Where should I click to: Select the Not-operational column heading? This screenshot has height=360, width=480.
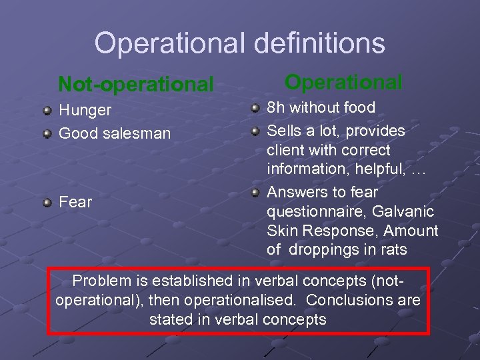(136, 84)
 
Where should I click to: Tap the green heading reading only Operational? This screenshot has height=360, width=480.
(343, 82)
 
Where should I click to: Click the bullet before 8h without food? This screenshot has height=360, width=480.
(255, 107)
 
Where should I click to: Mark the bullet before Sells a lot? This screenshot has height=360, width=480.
(255, 130)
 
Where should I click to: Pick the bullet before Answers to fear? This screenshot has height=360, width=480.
(255, 193)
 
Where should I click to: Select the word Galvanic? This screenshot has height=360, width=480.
(403, 212)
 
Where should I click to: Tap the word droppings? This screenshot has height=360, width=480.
(322, 251)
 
